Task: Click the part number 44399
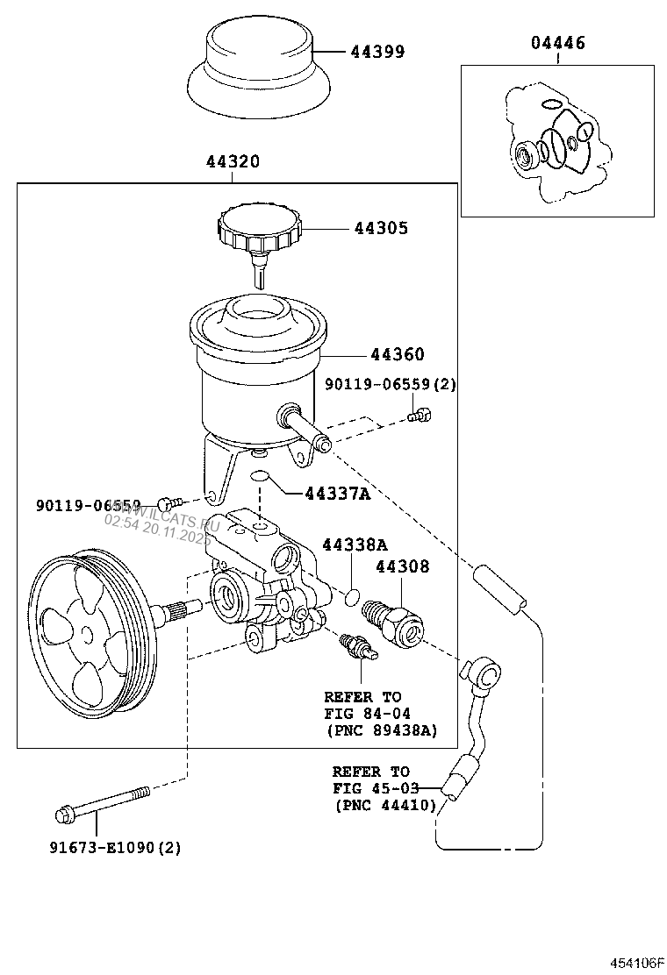377,52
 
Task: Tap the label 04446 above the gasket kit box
556,43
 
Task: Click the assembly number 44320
233,162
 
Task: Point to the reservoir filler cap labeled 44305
261,230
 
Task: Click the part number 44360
397,355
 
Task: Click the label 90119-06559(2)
391,384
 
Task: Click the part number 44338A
351,544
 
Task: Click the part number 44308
403,567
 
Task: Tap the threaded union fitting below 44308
397,623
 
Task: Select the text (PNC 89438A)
381,729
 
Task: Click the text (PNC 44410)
385,805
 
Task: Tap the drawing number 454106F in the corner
636,962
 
